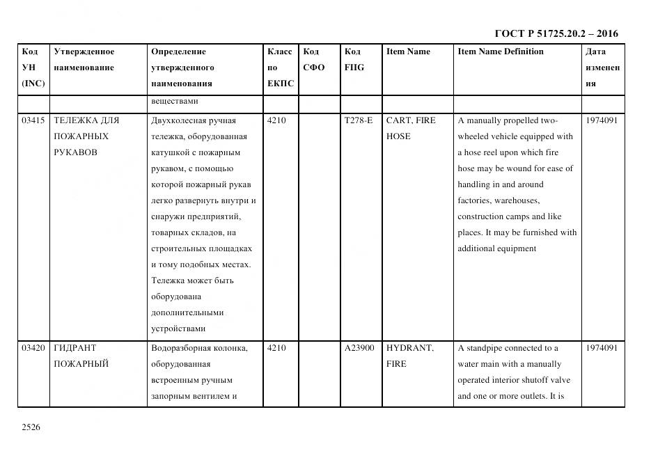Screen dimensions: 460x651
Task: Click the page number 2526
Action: click(x=31, y=427)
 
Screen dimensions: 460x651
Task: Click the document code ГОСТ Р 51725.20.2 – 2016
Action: click(x=556, y=33)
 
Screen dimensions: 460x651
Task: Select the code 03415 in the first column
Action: click(x=33, y=120)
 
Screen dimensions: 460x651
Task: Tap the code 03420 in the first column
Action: click(x=33, y=348)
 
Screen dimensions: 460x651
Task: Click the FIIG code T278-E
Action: click(x=359, y=120)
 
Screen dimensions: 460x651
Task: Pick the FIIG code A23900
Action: click(x=359, y=348)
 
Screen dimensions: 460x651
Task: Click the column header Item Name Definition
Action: click(x=501, y=51)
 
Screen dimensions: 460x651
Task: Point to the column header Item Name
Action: click(x=408, y=51)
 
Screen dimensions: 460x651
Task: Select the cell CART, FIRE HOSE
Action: click(x=411, y=128)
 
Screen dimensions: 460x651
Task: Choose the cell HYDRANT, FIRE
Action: click(x=410, y=356)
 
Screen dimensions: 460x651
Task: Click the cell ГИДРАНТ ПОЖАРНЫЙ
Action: click(x=81, y=356)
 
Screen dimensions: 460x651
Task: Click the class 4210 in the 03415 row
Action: click(x=276, y=120)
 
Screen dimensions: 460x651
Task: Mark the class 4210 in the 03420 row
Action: click(x=276, y=348)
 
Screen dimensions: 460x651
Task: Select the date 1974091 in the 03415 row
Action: click(x=602, y=120)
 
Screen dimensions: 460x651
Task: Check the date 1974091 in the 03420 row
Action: click(x=602, y=348)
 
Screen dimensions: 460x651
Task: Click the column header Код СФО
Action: click(x=314, y=59)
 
